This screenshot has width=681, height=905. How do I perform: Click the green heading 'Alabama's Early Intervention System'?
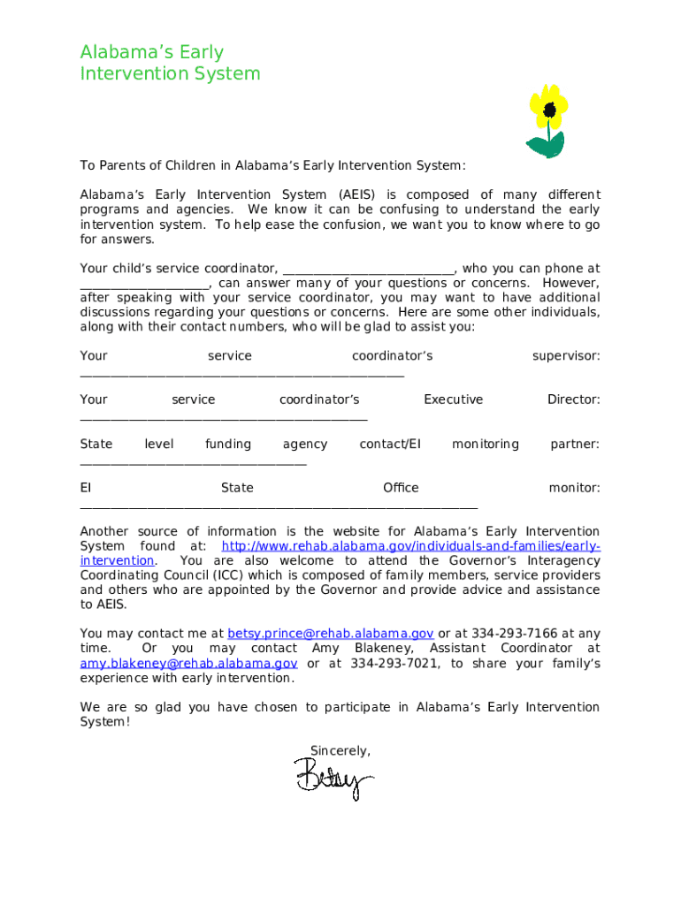[170, 63]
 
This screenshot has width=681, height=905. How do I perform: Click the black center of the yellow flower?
[550, 110]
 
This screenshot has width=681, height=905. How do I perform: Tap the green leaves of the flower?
[547, 145]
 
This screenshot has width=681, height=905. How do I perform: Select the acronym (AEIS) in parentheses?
[356, 194]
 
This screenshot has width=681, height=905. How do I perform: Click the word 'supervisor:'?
[565, 355]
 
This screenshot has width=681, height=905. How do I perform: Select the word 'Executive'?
[453, 399]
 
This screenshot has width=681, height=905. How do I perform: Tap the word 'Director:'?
[573, 399]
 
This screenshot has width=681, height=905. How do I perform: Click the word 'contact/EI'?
[389, 444]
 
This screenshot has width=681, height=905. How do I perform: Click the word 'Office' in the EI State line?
[401, 488]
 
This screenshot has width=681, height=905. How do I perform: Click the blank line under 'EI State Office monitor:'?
[279, 508]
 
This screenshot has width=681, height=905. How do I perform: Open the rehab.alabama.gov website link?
[410, 546]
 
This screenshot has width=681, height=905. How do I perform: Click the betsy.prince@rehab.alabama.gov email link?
[330, 633]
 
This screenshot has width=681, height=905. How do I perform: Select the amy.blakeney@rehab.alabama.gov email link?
[188, 663]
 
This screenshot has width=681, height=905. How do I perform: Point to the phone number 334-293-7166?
[514, 633]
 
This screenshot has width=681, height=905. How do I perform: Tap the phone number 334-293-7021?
[394, 663]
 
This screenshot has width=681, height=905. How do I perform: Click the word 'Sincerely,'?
[340, 750]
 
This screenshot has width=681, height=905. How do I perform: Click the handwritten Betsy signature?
[333, 780]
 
